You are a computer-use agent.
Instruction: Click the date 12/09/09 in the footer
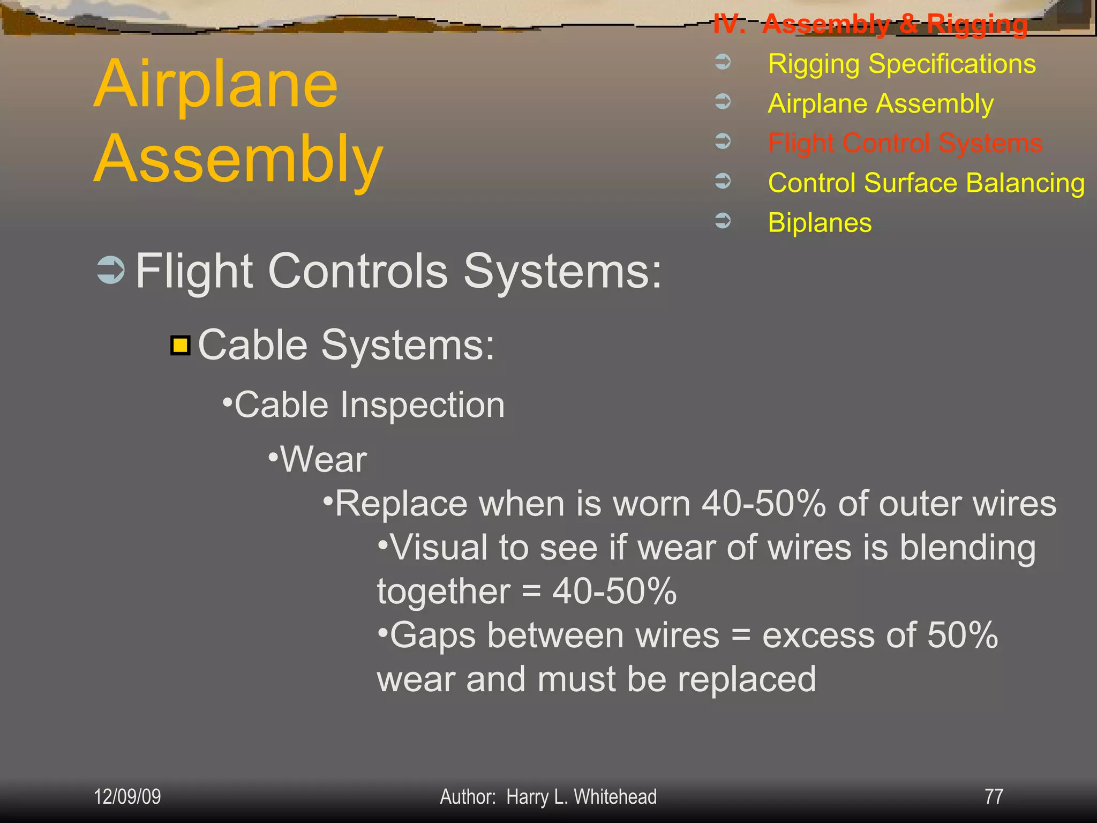[127, 797]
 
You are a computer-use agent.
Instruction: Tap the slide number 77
[994, 797]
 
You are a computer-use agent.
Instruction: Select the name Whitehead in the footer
[615, 797]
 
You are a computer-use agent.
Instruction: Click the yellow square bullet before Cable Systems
[181, 346]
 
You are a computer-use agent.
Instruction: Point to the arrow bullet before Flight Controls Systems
[111, 270]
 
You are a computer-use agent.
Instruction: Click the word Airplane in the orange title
[216, 84]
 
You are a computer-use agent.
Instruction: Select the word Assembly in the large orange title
[238, 160]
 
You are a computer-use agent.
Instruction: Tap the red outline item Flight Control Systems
[905, 143]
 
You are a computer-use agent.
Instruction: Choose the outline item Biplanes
[820, 222]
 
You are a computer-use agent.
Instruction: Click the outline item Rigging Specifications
[901, 64]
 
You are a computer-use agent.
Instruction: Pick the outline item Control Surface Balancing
[926, 183]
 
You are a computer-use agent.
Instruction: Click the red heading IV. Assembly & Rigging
[870, 24]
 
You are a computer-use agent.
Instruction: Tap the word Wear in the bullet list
[324, 460]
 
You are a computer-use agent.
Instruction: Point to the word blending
[967, 549]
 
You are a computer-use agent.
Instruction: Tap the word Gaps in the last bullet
[433, 636]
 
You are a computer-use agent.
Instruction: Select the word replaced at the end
[747, 680]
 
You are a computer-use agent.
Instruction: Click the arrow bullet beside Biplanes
[723, 220]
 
